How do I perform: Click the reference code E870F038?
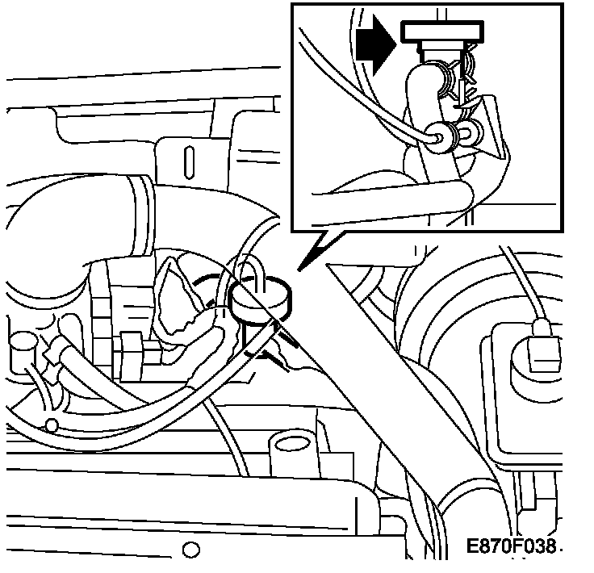(x=511, y=546)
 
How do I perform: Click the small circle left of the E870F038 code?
(x=191, y=551)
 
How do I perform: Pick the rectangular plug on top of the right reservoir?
(x=541, y=347)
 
